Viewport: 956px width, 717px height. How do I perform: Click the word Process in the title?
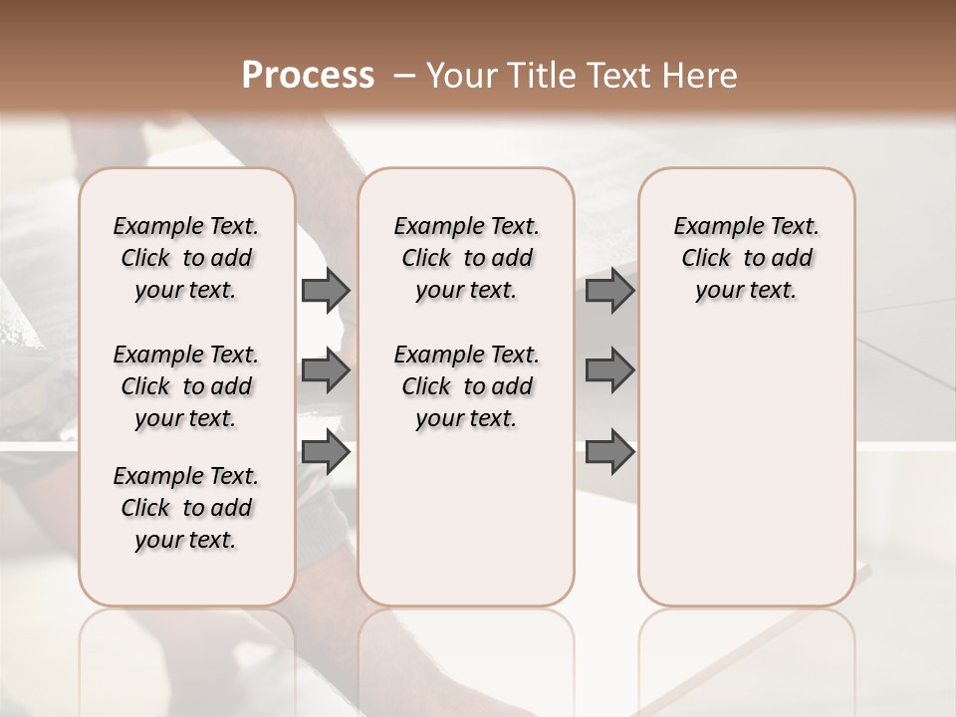[308, 76]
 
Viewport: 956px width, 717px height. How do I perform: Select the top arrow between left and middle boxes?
[326, 291]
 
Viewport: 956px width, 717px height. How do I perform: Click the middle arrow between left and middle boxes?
[326, 370]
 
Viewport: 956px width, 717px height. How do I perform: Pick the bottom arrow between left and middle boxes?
[326, 451]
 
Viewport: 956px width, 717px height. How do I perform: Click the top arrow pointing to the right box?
[609, 291]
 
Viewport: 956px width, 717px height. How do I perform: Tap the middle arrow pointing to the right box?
[609, 370]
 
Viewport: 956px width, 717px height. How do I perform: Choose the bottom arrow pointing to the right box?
[609, 451]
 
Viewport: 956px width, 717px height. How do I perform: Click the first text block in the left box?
[186, 258]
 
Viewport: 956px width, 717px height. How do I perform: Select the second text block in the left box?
[186, 386]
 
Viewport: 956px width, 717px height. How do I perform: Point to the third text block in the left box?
[186, 508]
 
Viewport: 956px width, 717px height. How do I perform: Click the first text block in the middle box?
[466, 258]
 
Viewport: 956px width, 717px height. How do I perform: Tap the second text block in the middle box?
[466, 386]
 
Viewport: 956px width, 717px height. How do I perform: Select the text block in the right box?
[746, 258]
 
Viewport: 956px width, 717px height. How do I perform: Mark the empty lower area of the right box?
[746, 468]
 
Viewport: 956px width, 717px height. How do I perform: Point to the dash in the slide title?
[403, 76]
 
